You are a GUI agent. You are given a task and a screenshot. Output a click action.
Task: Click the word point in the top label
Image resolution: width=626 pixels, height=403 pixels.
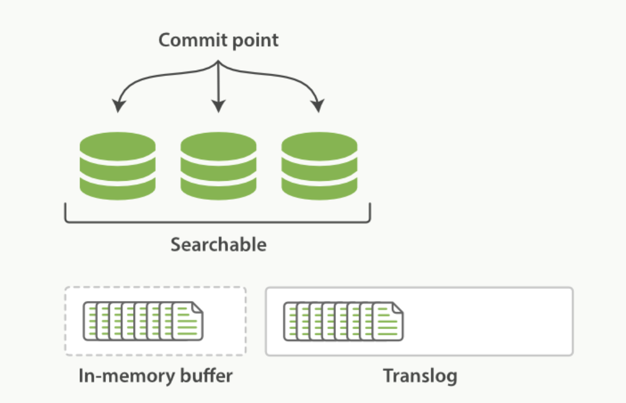pyautogui.click(x=255, y=41)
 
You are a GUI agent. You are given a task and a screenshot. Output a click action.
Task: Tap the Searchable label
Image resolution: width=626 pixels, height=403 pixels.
pyautogui.click(x=218, y=245)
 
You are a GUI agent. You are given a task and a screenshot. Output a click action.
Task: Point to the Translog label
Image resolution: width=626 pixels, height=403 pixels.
pyautogui.click(x=420, y=377)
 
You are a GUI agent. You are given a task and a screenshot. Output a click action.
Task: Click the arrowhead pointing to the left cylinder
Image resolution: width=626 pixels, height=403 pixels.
pyautogui.click(x=118, y=106)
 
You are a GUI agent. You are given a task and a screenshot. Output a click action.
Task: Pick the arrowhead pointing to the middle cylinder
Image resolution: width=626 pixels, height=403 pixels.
pyautogui.click(x=218, y=106)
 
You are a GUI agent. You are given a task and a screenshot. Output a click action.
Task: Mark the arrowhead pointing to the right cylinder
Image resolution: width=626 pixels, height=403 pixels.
pyautogui.click(x=318, y=106)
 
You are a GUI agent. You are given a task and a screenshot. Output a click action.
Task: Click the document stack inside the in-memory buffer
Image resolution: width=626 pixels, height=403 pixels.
pyautogui.click(x=143, y=321)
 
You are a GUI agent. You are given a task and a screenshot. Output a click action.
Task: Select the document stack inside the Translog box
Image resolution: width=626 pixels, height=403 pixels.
pyautogui.click(x=343, y=321)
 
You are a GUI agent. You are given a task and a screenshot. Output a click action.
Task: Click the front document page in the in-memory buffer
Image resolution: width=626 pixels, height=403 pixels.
pyautogui.click(x=187, y=321)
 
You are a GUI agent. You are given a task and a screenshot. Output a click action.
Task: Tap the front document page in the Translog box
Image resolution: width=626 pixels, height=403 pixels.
pyautogui.click(x=388, y=321)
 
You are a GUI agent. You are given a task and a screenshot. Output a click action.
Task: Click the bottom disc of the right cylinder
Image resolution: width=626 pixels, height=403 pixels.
pyautogui.click(x=319, y=188)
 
